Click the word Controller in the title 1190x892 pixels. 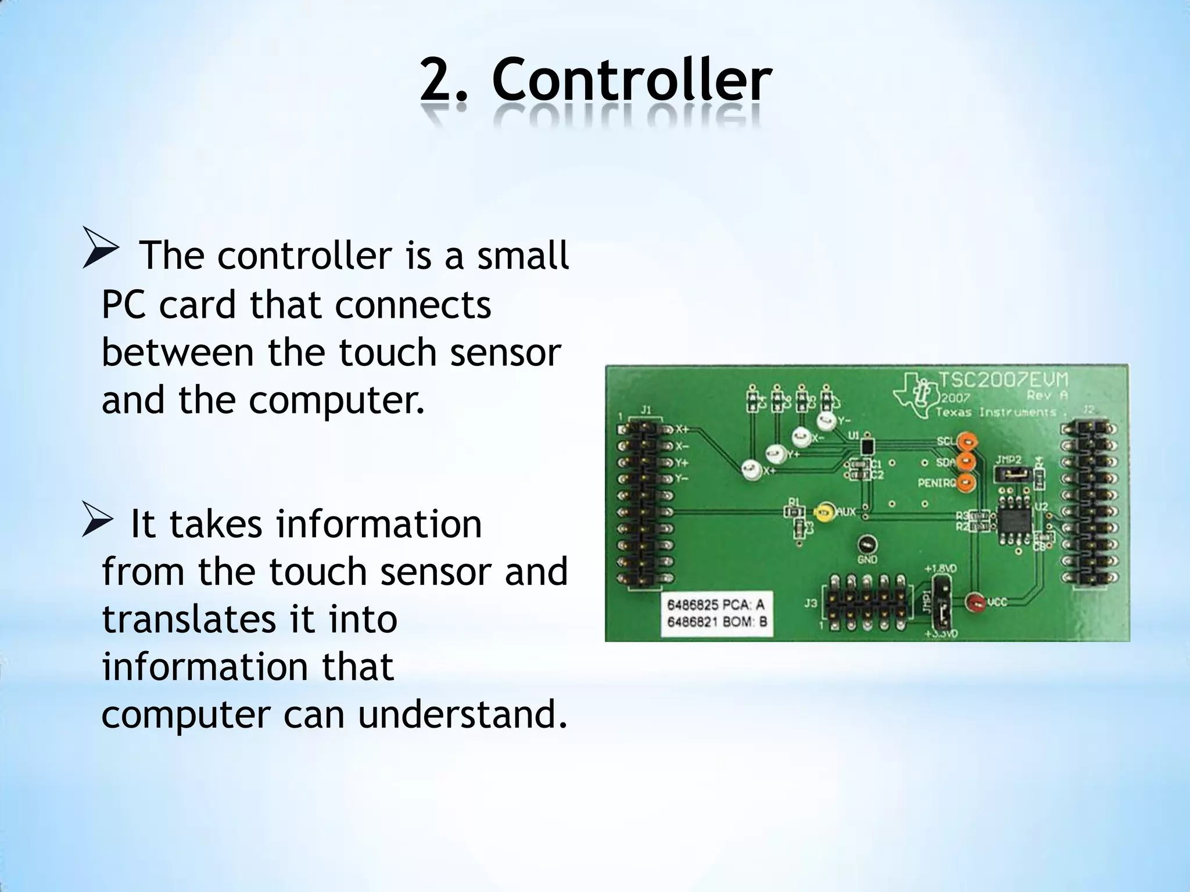(x=631, y=81)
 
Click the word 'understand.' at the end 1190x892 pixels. (x=462, y=715)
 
